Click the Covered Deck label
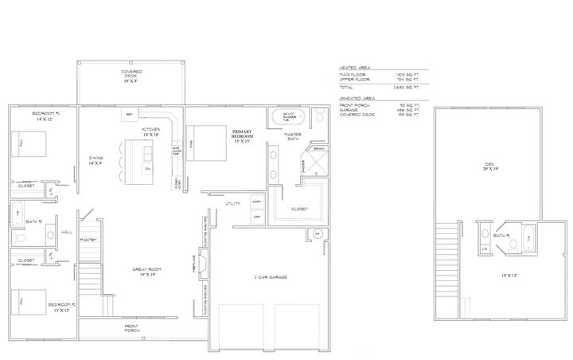pyautogui.click(x=131, y=76)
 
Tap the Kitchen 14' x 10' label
pyautogui.click(x=151, y=132)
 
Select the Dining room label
pyautogui.click(x=95, y=160)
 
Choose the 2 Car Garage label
pyautogui.click(x=271, y=276)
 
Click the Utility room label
pyautogui.click(x=232, y=205)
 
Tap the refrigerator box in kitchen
pyautogui.click(x=128, y=115)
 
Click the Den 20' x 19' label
pyautogui.click(x=489, y=168)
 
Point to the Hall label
pyautogui.click(x=67, y=233)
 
